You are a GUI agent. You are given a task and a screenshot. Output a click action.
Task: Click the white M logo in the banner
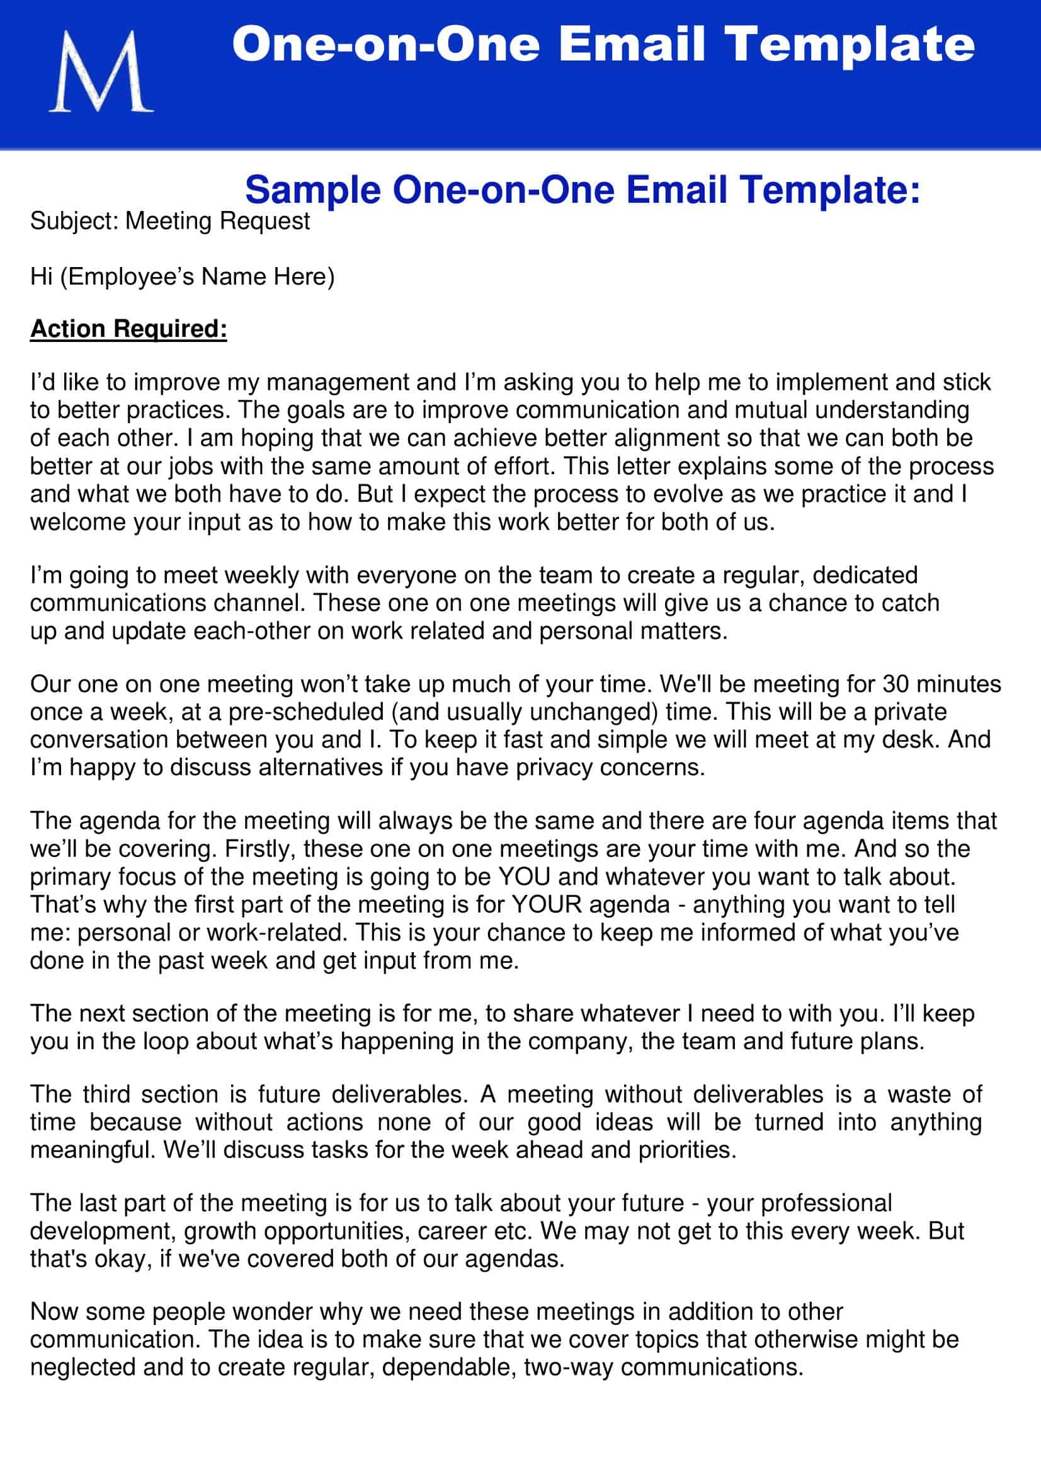click(101, 72)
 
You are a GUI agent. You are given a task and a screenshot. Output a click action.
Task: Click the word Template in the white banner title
click(849, 45)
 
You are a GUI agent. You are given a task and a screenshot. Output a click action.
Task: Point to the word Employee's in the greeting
click(128, 276)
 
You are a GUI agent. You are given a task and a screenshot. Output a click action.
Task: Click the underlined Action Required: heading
click(128, 329)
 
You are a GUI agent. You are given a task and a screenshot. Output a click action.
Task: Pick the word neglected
click(82, 1368)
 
